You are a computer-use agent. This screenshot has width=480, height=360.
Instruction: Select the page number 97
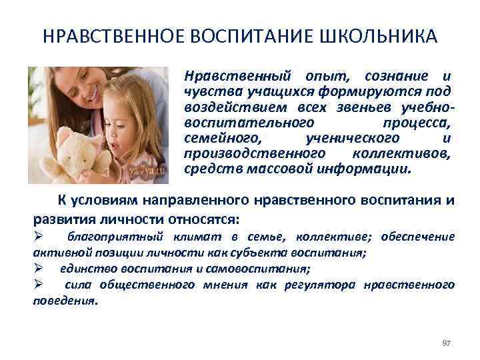coord(447,342)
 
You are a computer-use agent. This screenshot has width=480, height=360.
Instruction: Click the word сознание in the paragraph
coord(399,75)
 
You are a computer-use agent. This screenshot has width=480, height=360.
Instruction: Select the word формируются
coord(387,91)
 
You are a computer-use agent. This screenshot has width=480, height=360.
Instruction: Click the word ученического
coord(353,138)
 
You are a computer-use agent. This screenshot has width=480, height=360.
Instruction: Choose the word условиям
coord(105,201)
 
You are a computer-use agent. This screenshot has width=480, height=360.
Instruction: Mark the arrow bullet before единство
coord(39,269)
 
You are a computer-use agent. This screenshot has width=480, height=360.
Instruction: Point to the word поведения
coord(64,300)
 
